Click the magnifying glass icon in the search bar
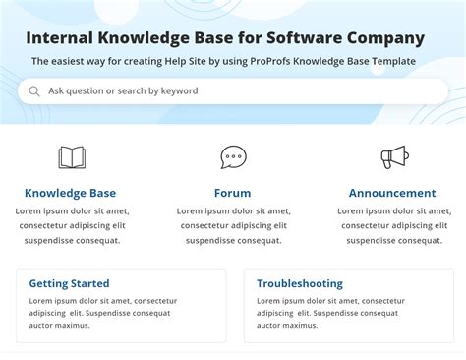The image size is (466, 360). click(x=34, y=91)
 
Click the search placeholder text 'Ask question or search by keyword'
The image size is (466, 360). click(x=123, y=91)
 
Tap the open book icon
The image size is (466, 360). click(x=72, y=157)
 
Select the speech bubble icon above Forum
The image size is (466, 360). click(x=233, y=157)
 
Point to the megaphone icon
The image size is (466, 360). click(x=393, y=157)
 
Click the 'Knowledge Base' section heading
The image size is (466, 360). click(x=70, y=193)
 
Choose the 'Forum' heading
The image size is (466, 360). click(x=232, y=193)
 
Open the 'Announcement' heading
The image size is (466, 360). click(x=392, y=193)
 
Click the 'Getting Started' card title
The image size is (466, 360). click(x=69, y=283)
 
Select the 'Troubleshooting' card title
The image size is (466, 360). click(x=300, y=283)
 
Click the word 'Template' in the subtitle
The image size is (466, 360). click(x=391, y=61)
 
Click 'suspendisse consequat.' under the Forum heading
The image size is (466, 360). click(x=232, y=240)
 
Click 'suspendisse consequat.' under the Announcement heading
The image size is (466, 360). click(x=392, y=240)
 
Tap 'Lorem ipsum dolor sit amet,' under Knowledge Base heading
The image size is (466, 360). click(x=74, y=210)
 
